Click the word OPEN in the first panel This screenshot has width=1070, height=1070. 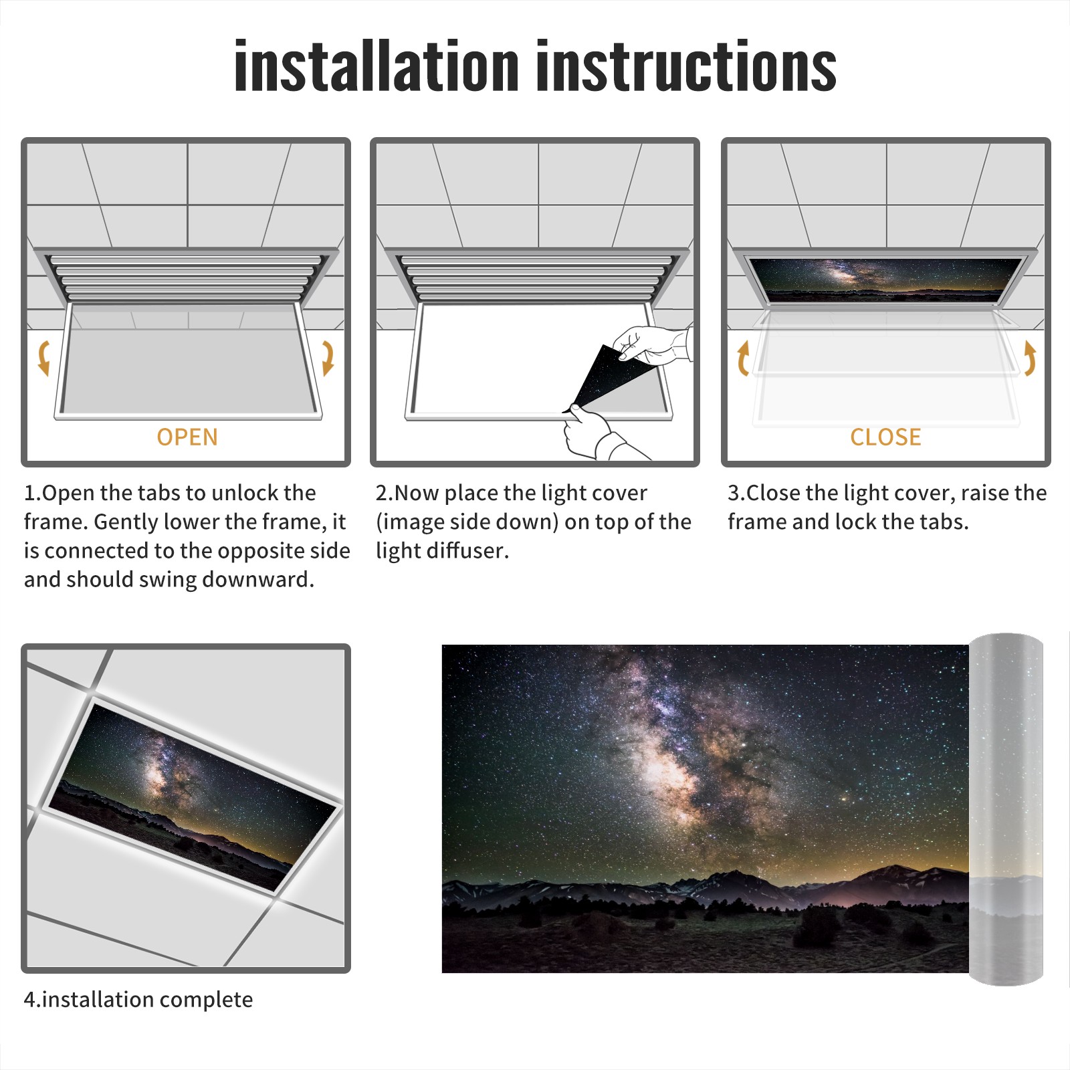point(187,437)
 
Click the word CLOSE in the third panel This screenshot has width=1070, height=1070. point(885,437)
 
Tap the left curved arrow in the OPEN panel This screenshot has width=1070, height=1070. point(43,358)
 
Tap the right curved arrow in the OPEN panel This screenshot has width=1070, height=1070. point(328,358)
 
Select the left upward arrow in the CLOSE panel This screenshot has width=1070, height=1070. point(742,358)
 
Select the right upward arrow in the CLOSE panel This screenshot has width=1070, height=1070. point(1030,358)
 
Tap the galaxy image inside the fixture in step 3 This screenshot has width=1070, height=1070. point(886,279)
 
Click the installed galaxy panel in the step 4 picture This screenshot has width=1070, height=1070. point(193,797)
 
